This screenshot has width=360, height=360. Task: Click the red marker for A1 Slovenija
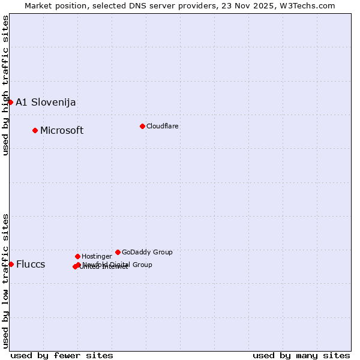point(10,102)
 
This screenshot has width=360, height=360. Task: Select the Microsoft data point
point(35,130)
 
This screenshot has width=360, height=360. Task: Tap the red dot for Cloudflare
point(142,126)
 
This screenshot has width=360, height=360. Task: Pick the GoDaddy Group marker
point(118,252)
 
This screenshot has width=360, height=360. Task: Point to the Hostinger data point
point(77,256)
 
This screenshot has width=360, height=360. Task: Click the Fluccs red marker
point(11,264)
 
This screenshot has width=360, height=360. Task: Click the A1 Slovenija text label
point(46,102)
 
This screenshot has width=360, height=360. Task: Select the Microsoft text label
point(62,130)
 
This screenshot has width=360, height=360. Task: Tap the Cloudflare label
point(163,126)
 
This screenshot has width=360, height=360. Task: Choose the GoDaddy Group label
point(147,252)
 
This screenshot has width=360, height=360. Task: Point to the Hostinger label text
point(97,256)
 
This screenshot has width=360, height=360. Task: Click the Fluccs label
point(31,264)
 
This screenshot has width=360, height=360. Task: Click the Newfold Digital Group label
point(118,264)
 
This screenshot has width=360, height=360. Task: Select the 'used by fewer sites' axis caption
point(62,355)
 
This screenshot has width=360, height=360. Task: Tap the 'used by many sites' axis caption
point(301,355)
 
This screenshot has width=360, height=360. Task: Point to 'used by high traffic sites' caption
point(5,85)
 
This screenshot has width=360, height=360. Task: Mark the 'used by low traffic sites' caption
point(5,280)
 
